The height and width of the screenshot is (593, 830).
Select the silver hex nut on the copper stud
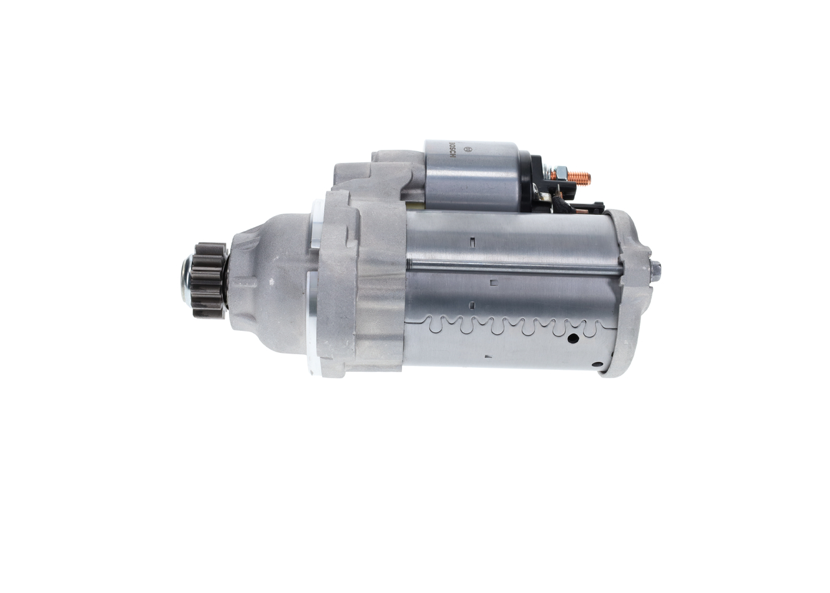click(560, 174)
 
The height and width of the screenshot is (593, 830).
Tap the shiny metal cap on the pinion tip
click(186, 280)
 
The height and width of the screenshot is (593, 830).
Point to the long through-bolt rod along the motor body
click(512, 265)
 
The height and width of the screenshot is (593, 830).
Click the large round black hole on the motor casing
click(573, 337)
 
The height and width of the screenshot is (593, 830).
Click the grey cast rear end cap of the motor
click(632, 292)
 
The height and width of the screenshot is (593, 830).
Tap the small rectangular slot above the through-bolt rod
click(473, 243)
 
